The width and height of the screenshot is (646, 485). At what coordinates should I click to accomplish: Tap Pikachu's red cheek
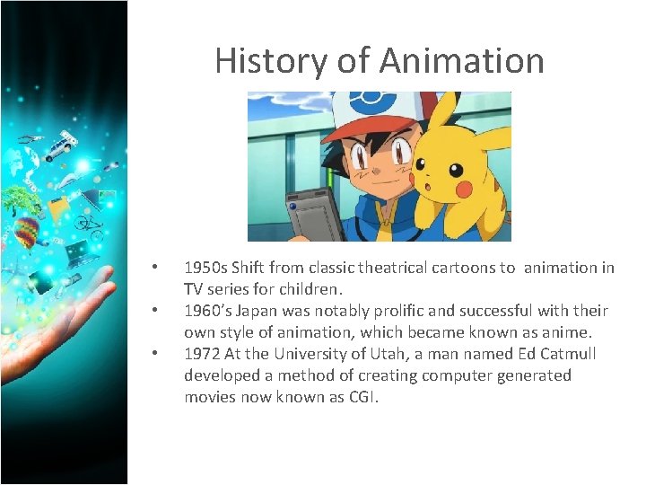463,189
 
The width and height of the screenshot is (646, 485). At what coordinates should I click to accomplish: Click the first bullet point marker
155,268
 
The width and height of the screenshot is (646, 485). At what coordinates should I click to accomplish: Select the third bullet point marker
155,354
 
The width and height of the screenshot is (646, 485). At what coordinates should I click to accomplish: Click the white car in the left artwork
62,145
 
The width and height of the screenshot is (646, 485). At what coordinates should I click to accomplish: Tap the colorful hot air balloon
28,231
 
